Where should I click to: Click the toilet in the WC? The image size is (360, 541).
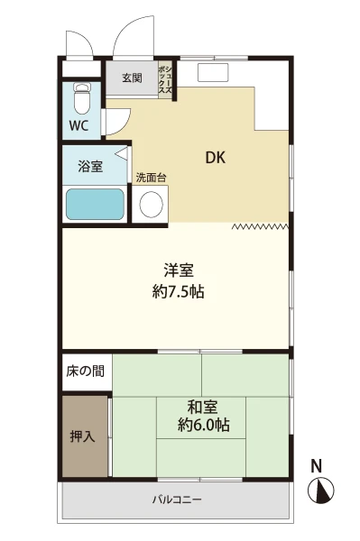click(x=82, y=98)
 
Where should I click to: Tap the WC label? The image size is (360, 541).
click(x=79, y=126)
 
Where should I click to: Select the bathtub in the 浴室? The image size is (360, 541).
click(x=95, y=205)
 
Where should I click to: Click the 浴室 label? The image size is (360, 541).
click(x=90, y=166)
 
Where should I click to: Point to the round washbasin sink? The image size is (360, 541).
click(x=152, y=204)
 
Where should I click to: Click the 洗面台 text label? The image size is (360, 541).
click(x=152, y=178)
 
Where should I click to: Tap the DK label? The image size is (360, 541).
click(x=216, y=158)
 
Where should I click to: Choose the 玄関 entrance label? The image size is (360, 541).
click(x=133, y=78)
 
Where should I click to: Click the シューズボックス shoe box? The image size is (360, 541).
click(x=165, y=79)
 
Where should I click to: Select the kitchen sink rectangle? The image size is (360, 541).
click(x=213, y=72)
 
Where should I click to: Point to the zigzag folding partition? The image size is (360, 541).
click(x=261, y=226)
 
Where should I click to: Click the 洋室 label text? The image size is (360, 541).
click(x=179, y=270)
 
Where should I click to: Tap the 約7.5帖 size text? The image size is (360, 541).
click(x=179, y=292)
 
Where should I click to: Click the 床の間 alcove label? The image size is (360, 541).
click(x=85, y=371)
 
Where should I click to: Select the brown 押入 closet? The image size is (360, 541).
click(x=85, y=436)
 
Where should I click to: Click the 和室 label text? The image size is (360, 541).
click(x=203, y=408)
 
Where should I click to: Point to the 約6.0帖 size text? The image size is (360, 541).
click(x=204, y=425)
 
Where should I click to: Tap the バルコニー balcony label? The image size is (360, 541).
click(x=177, y=500)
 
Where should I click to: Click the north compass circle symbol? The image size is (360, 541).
click(x=320, y=491)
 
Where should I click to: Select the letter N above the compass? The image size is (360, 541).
click(x=316, y=466)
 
